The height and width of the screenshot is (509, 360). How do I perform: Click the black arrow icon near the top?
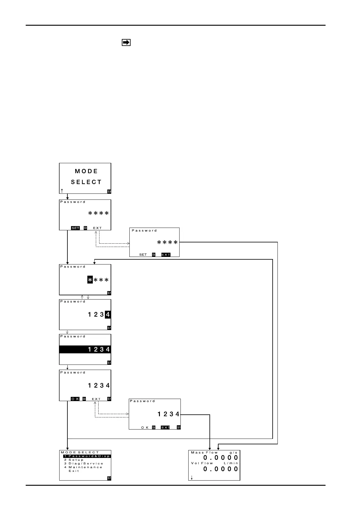[x=126, y=43]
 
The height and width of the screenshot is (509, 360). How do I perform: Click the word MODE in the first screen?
[x=86, y=171]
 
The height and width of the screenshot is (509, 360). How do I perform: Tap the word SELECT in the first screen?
[x=86, y=182]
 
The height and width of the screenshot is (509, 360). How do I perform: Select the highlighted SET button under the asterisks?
[x=75, y=228]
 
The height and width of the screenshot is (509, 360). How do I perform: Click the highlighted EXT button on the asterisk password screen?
[x=166, y=255]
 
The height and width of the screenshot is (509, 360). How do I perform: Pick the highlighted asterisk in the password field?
[x=90, y=280]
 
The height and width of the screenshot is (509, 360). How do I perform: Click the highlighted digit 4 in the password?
[x=108, y=315]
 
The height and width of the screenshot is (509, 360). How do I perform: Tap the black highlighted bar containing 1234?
[x=85, y=349]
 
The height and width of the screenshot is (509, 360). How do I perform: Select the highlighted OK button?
[x=75, y=399]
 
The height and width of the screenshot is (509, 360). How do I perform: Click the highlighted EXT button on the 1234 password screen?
[x=165, y=427]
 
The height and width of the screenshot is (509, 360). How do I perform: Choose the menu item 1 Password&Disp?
[x=87, y=456]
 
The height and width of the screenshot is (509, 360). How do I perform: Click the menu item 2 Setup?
[x=74, y=460]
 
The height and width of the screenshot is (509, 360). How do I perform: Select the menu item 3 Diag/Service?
[x=84, y=463]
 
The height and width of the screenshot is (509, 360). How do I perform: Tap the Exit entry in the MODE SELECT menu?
[x=74, y=471]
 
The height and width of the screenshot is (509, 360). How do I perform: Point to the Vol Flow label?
[x=202, y=463]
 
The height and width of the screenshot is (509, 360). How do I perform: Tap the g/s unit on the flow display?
[x=233, y=452]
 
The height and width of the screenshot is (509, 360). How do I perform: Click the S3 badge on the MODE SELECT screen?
[x=109, y=191]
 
